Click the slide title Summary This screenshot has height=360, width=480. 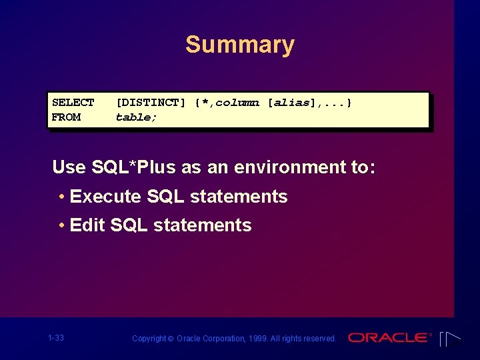239,45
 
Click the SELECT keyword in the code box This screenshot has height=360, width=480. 73,103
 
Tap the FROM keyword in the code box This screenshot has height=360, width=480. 66,117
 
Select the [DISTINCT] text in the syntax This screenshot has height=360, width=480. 151,103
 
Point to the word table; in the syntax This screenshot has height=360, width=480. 136,117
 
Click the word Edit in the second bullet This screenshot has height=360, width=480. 87,225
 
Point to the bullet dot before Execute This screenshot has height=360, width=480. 61,197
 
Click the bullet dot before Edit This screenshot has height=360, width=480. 61,225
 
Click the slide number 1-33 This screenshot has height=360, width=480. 56,338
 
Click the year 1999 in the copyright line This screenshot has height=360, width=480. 257,339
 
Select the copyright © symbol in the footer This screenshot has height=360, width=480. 171,339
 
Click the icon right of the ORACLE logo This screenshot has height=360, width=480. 450,339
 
